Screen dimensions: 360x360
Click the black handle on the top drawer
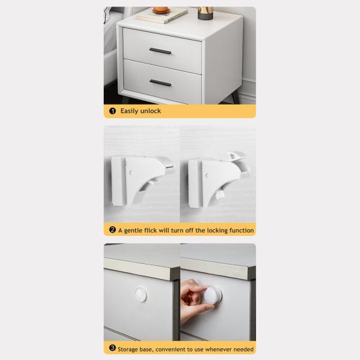[160, 52]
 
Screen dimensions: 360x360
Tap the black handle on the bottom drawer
[160, 82]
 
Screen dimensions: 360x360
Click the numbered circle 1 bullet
[112, 111]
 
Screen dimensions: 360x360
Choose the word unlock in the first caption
[150, 111]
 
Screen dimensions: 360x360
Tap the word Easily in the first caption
[128, 111]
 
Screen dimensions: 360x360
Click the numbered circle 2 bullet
[112, 230]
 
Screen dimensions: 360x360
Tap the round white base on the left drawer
[143, 293]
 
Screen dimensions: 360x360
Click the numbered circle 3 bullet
[112, 349]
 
